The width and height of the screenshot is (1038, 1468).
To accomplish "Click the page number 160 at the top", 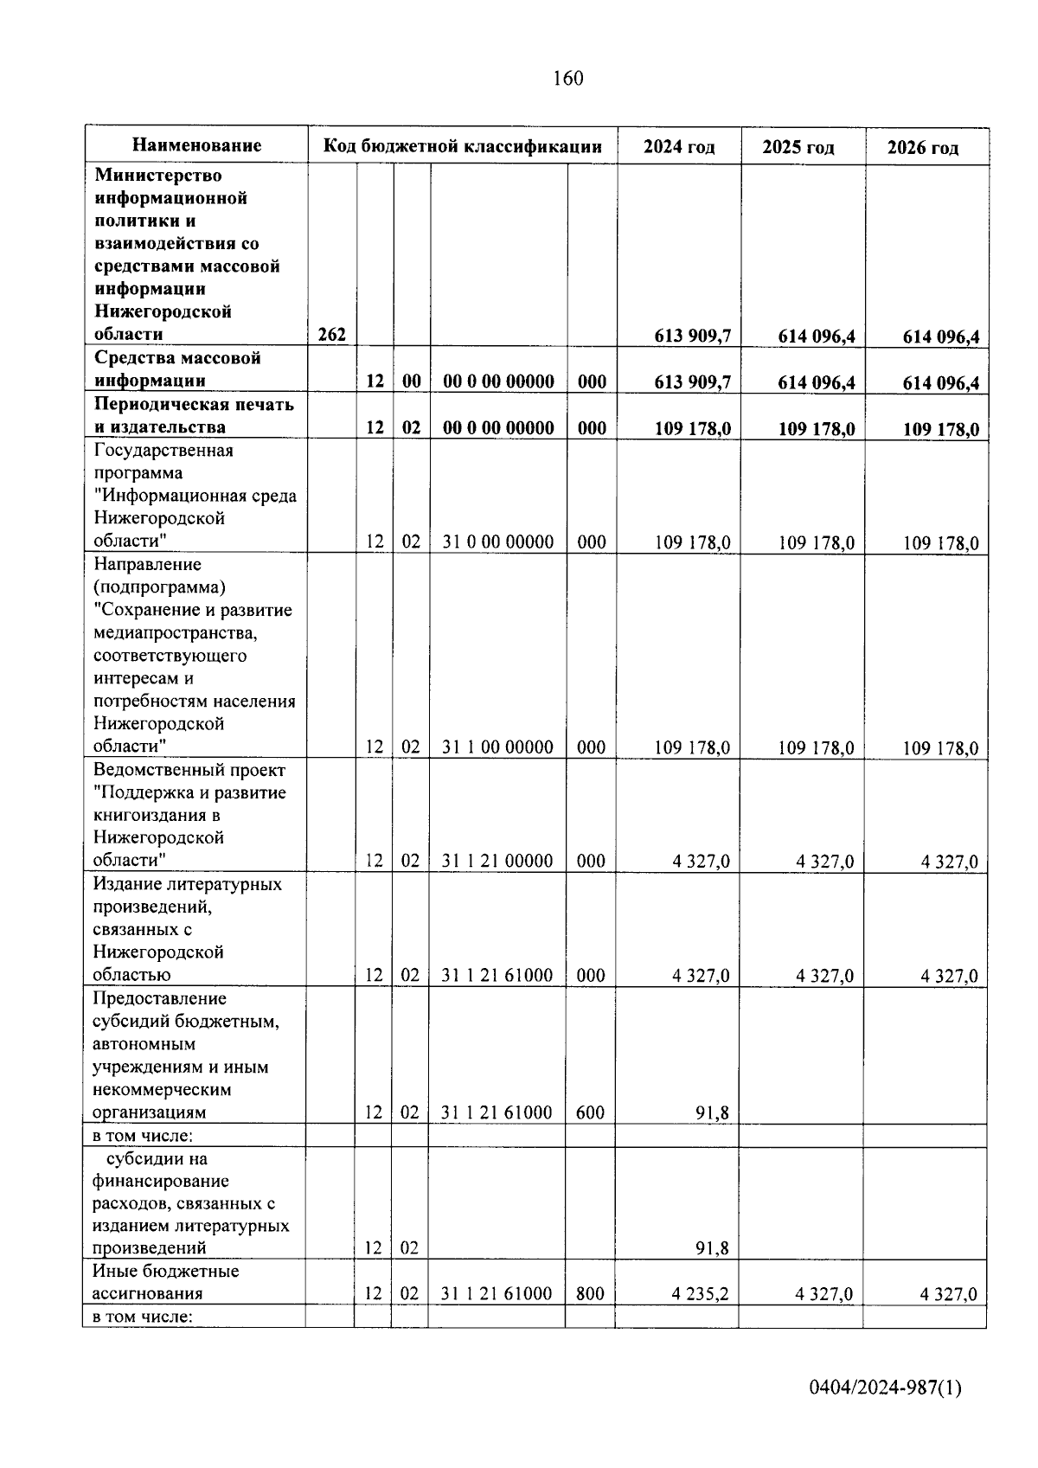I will point(567,79).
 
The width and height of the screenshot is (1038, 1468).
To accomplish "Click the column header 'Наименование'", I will point(197,145).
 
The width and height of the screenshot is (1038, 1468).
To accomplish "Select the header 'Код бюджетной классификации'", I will point(463,146).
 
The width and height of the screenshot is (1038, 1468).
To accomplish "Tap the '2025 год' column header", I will point(798,148).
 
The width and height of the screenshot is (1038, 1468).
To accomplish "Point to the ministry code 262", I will point(332,335).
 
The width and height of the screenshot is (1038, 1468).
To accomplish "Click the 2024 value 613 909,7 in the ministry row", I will point(693,336).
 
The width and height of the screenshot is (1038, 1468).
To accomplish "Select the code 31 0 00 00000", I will point(497,542).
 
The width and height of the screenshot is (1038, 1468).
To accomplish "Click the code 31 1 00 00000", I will point(497,747).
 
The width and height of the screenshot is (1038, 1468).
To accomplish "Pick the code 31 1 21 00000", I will point(497,861).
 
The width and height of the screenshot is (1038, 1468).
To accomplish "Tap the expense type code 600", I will point(590,1112).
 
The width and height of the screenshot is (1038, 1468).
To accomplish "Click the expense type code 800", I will point(590,1294).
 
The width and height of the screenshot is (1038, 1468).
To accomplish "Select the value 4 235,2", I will point(700,1294).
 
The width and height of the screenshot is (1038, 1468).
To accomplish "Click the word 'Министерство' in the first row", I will point(158,176).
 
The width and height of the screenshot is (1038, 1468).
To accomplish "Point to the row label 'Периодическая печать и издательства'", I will point(194,415).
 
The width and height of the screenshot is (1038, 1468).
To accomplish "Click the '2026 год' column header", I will point(923,148).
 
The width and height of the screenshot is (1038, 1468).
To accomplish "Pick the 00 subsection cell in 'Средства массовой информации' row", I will point(411,381).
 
